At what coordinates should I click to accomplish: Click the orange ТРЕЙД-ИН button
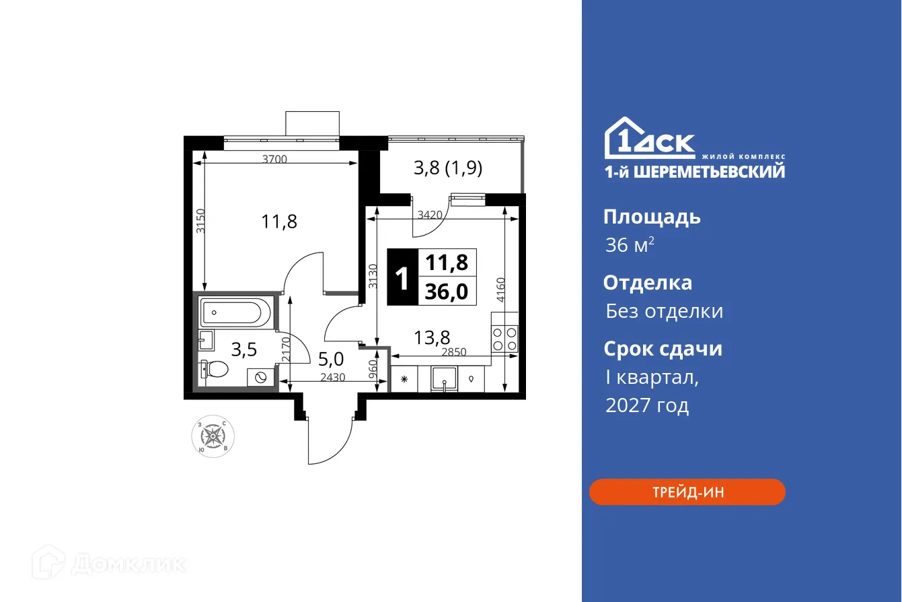click(687, 492)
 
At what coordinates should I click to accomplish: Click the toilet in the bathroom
click(215, 370)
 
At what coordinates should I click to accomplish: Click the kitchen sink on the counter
click(445, 379)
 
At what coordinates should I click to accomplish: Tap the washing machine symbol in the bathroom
click(261, 376)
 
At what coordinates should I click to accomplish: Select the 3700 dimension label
click(274, 160)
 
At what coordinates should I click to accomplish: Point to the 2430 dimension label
click(332, 378)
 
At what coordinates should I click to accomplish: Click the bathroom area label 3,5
click(243, 349)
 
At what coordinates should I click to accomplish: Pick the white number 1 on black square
click(402, 278)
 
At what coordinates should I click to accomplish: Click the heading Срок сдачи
click(663, 349)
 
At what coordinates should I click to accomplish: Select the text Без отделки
click(664, 311)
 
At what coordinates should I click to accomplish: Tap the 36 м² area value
click(630, 245)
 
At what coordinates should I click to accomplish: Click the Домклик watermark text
click(128, 563)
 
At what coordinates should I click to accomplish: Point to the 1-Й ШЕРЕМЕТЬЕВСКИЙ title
click(694, 172)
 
